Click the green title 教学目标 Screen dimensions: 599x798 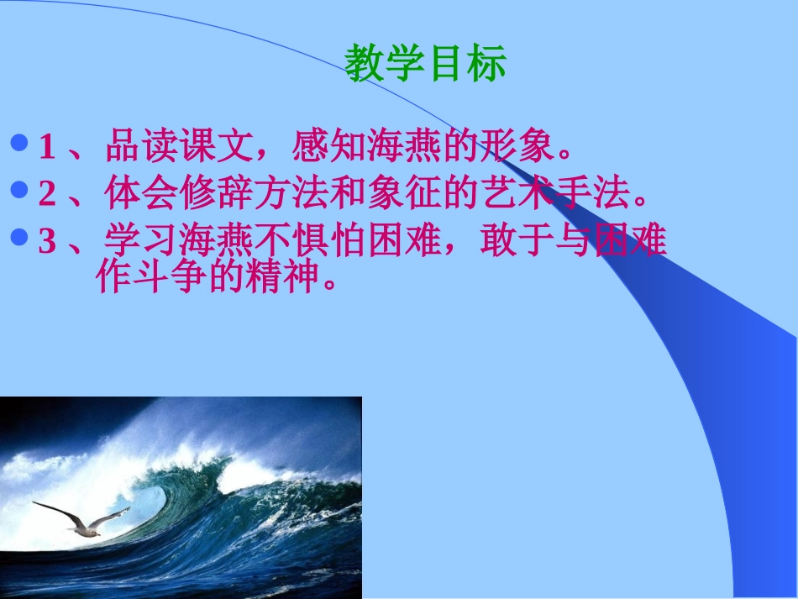click(x=425, y=65)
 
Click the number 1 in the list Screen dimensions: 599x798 click(x=47, y=149)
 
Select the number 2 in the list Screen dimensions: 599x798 click(x=47, y=196)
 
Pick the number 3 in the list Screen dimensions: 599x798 click(x=47, y=243)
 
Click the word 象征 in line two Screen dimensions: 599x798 click(x=404, y=195)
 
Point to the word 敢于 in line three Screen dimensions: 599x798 click(x=517, y=242)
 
